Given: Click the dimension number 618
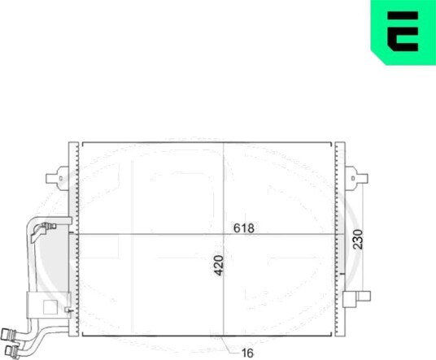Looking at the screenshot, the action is pos(244,228).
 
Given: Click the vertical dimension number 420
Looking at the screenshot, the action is pos(219,266).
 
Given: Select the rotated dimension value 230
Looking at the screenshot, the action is pos(359,239).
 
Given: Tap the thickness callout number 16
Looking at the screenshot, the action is pos(247,353).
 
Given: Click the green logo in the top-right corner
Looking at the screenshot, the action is pos(403,32).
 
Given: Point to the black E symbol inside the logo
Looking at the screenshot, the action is pos(403,32).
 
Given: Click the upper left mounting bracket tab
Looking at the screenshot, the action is pos(57,178).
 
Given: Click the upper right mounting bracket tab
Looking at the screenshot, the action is pos(356,178).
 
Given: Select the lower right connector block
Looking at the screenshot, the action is pos(356,299).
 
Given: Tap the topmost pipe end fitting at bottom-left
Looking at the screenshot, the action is pos(7,334).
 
